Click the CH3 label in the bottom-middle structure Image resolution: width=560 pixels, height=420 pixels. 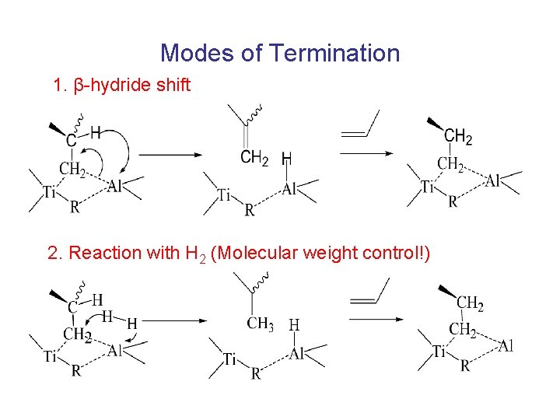point(260,324)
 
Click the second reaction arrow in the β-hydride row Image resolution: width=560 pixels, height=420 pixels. point(365,154)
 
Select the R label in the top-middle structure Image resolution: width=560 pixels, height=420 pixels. point(249,211)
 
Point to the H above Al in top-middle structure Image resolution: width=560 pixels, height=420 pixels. point(286,159)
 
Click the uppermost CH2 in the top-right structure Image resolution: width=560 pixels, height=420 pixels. point(458,138)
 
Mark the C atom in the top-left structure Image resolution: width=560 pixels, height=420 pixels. point(71,141)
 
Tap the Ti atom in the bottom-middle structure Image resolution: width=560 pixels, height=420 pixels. point(230,359)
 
